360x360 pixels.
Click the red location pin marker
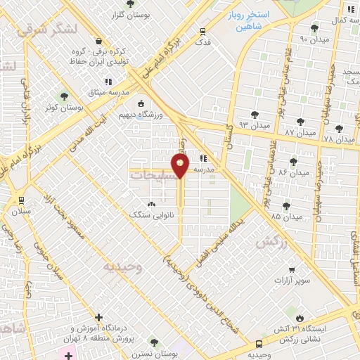click(x=181, y=167)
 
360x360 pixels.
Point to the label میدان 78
click(x=339, y=139)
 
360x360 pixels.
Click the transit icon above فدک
click(x=203, y=31)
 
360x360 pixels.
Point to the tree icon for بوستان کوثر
click(x=65, y=96)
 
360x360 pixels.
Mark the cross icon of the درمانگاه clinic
click(x=99, y=318)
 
